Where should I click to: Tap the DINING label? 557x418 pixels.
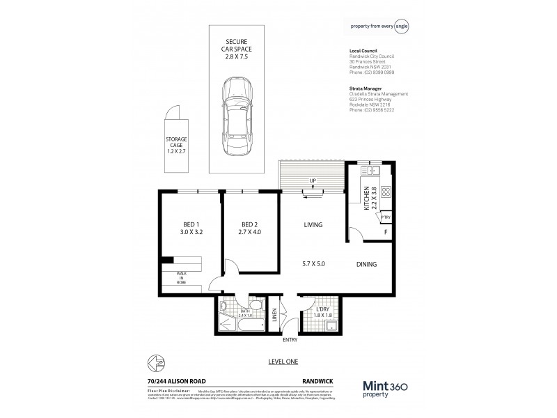pos(366,264)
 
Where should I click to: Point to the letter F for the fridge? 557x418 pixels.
pos(386,233)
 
